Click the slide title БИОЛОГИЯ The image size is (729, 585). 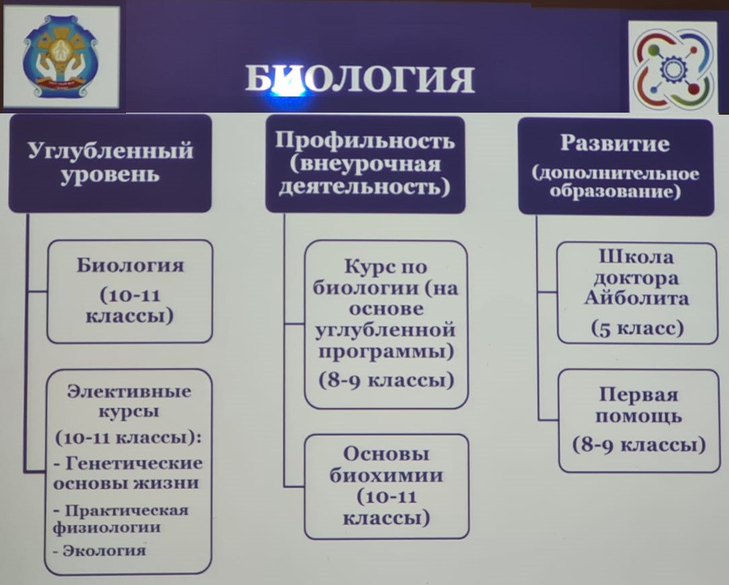(359, 78)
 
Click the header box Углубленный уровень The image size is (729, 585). (110, 164)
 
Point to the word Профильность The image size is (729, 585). (365, 140)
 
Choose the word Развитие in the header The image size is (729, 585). (614, 143)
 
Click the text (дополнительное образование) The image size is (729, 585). (615, 182)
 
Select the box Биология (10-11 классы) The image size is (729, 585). (129, 291)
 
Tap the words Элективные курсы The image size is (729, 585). (129, 401)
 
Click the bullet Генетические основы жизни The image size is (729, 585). (128, 472)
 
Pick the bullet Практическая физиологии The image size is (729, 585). (121, 518)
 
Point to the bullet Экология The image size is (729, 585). (99, 551)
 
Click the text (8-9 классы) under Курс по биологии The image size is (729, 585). (386, 381)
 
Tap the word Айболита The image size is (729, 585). (637, 298)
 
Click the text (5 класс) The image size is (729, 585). (637, 328)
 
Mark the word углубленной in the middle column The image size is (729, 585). (386, 331)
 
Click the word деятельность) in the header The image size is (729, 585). (364, 187)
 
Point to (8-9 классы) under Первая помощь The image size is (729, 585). (639, 445)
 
